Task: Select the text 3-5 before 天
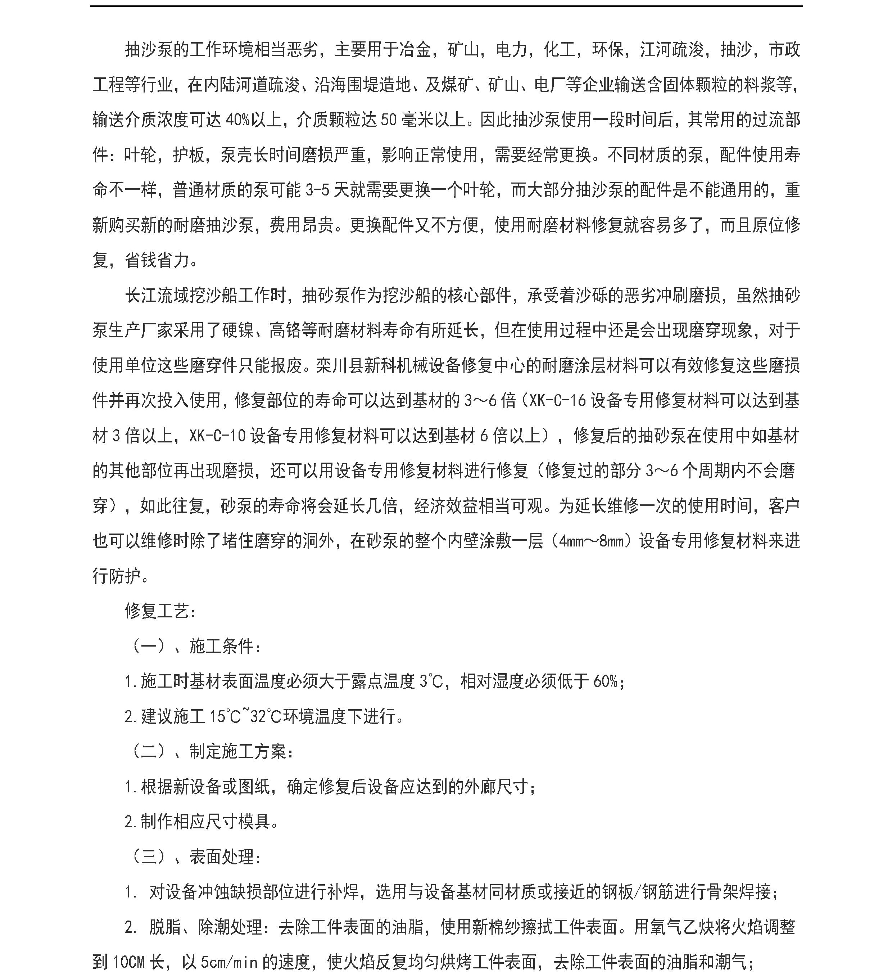coord(317,190)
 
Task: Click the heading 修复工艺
coord(157,611)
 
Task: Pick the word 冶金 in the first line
coord(416,50)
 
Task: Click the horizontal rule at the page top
coord(446,6)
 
